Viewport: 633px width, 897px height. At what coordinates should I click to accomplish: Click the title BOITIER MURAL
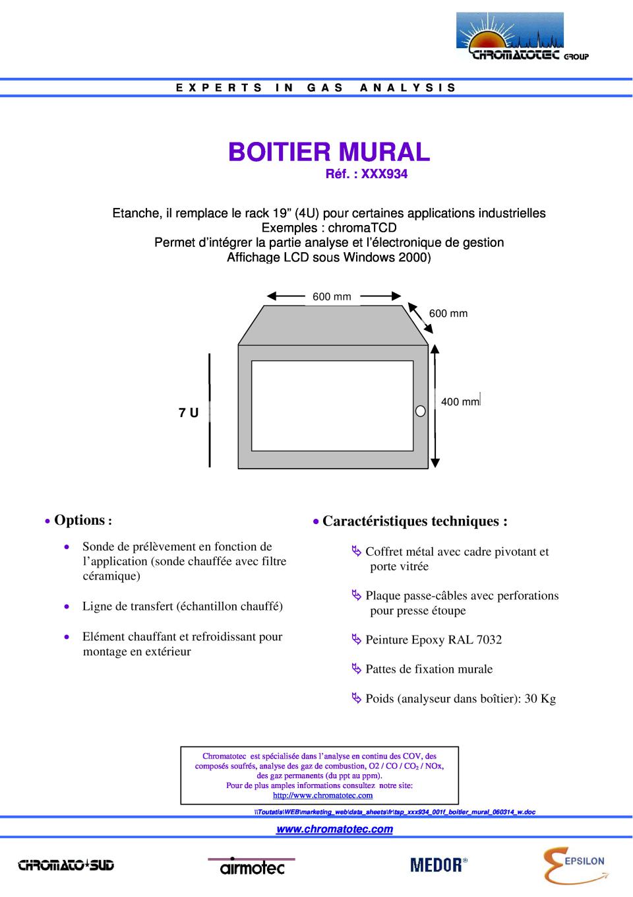point(329,152)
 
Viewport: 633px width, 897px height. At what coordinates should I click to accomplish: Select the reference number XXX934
point(384,174)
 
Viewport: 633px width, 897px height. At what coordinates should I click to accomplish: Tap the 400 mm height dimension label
point(460,401)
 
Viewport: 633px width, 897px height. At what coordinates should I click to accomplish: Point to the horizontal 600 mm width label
point(332,297)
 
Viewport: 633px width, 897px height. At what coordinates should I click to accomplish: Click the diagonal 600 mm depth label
point(448,313)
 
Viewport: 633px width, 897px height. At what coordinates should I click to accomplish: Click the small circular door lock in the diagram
point(420,411)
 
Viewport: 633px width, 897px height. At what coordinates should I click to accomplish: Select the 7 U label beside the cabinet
point(188,413)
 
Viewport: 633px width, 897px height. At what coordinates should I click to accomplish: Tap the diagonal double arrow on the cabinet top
point(415,316)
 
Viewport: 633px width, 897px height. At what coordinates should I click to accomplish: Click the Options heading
point(80,520)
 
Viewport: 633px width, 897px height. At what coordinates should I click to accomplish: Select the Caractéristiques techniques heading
point(415,521)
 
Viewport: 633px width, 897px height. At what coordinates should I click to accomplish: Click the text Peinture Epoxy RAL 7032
point(433,640)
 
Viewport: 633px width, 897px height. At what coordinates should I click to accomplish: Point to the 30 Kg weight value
point(540,698)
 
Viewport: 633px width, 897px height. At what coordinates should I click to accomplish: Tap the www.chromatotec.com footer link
point(334,829)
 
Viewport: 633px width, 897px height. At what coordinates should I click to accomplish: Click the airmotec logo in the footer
point(252,865)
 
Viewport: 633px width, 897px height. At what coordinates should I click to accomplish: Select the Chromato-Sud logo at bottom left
point(65,865)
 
